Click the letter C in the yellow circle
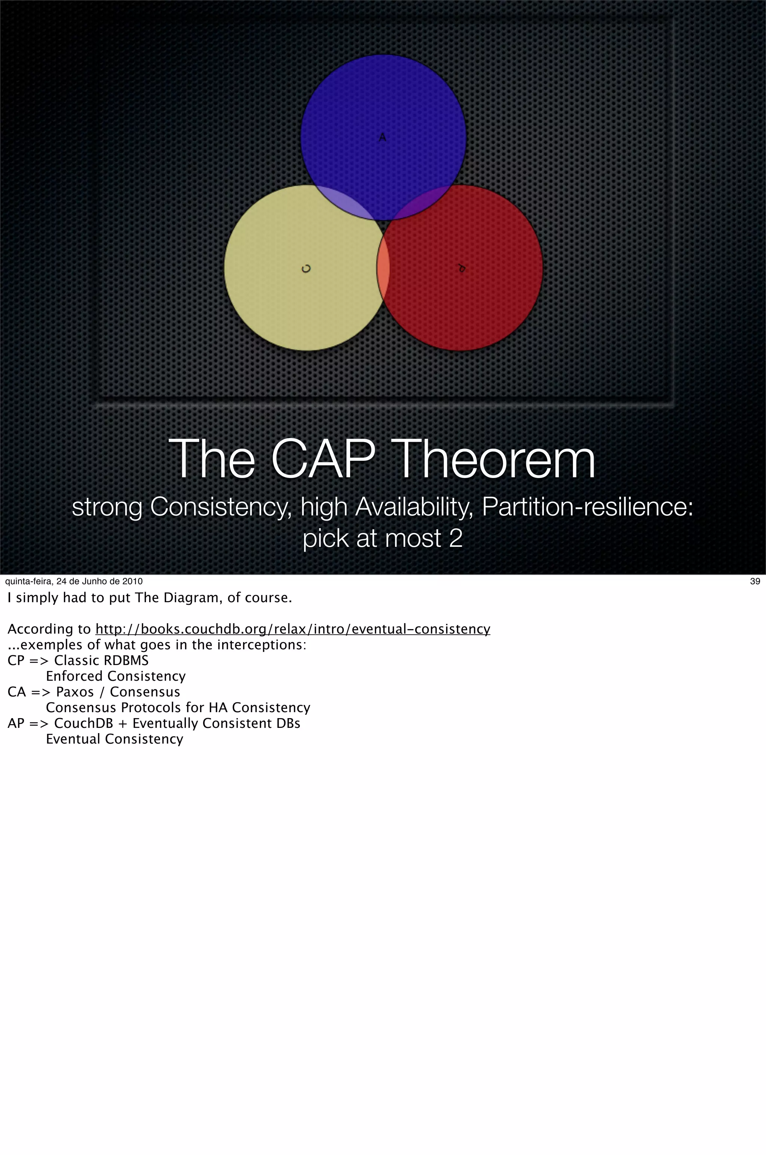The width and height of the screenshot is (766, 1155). coord(306,269)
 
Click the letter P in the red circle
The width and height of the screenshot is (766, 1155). coord(461,268)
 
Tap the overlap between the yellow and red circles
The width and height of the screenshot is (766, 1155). coord(383,269)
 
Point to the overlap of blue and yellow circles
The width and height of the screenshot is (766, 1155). coord(345,203)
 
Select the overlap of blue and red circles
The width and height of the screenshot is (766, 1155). coord(422,202)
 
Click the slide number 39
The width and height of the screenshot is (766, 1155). coord(755,581)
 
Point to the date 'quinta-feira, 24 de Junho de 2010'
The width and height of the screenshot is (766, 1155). coord(74,581)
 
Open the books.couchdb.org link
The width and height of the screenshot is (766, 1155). coord(292,629)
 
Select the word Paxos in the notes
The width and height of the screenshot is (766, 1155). coord(75,692)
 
